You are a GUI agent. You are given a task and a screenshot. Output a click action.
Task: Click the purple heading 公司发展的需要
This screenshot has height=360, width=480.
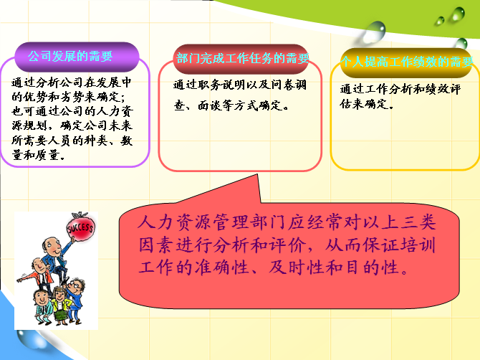pos(70,57)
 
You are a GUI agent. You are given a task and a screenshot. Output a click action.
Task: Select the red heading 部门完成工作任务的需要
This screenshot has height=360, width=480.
pos(243,58)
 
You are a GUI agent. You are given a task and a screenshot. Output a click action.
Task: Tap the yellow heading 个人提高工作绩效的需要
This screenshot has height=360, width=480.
pos(407,62)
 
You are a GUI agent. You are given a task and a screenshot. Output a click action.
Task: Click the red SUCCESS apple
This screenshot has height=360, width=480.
pos(80,227)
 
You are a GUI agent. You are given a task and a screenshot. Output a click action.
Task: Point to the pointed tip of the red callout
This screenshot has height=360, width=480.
pos(257,175)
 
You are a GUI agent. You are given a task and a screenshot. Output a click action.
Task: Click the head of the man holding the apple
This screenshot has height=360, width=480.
pos(52,247)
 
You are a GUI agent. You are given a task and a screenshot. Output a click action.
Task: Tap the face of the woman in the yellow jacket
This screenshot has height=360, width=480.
pos(59,295)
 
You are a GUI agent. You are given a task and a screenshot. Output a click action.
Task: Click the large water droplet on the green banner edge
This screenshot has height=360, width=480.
pos(374,31)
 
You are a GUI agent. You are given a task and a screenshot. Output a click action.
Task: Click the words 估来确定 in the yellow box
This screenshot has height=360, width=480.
pos(364,104)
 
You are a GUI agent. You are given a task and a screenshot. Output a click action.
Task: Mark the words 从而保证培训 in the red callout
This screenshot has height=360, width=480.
pos(380,245)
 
